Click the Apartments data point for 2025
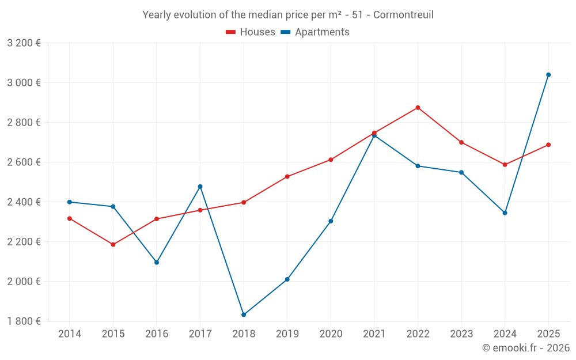pos(548,75)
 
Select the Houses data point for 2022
pos(418,108)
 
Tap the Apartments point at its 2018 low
pos(244,314)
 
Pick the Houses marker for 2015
pos(113,245)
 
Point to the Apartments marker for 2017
pos(200,187)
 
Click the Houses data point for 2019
pos(287,177)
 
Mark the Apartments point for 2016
pos(157,262)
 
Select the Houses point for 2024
pos(505,165)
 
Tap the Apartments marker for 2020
pos(331,221)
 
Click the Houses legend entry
pos(251,32)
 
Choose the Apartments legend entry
pos(315,32)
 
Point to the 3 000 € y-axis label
pos(24,83)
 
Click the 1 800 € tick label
pos(24,321)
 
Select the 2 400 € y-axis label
pos(24,202)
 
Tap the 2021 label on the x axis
pos(374,334)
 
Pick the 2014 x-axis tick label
pos(70,334)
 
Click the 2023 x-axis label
pos(461,334)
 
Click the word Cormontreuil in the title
pos(403,15)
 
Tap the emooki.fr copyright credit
pos(525,348)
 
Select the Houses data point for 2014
pos(70,219)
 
